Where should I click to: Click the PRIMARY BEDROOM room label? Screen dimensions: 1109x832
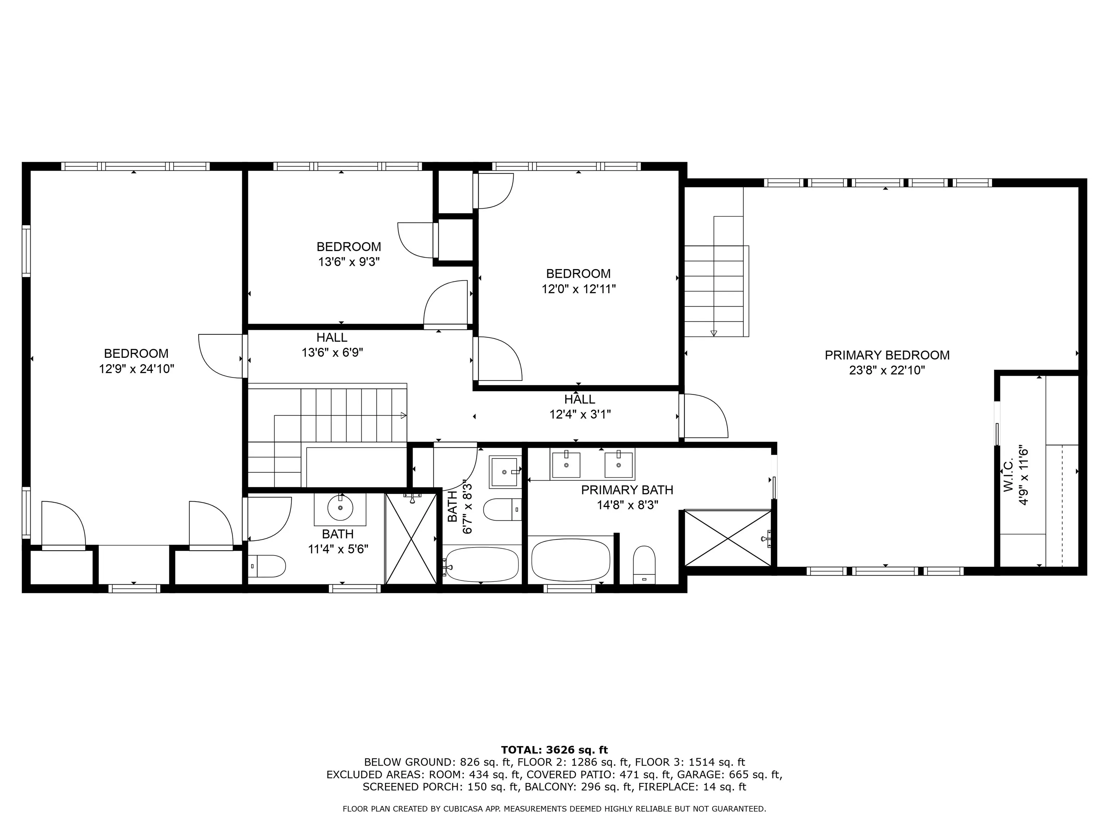[887, 355]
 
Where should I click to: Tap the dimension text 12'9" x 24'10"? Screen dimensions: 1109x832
[136, 369]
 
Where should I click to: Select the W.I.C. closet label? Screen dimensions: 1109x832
[1009, 473]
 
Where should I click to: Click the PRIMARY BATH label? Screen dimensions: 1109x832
[627, 490]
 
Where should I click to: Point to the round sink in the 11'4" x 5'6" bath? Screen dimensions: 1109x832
[340, 508]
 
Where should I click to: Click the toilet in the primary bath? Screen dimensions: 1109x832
[644, 565]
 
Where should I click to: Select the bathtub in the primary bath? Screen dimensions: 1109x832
[570, 560]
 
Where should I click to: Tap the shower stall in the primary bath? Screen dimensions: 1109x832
[727, 538]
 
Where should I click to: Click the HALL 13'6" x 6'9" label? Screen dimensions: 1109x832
[332, 345]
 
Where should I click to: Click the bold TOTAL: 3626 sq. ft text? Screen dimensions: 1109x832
[554, 750]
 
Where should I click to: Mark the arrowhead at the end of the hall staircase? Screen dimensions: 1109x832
[404, 415]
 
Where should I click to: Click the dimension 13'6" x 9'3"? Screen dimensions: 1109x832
[349, 262]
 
